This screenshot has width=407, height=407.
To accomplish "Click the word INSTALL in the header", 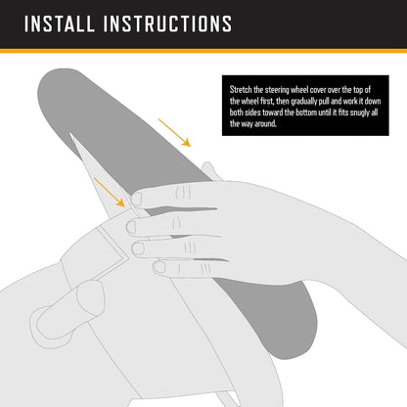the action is point(60,23).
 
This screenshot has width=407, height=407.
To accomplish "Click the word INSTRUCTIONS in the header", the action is point(167,23).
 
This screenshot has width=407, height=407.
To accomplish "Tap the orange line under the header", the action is point(203,51).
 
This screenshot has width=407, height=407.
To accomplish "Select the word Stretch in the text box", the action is point(241,90).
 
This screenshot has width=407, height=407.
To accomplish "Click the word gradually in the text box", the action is point(303,102).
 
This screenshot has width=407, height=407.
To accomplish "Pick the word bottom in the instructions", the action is point(306,113).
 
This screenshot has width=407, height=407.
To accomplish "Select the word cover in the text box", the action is point(319,90).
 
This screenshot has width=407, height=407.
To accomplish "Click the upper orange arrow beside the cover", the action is point(174,133).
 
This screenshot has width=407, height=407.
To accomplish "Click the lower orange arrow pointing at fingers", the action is point(110,193).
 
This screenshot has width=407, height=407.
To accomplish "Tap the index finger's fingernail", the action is point(136,199).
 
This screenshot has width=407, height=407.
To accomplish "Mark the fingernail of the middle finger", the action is point(131,227).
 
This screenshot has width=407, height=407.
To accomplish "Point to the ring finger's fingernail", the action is point(138,249).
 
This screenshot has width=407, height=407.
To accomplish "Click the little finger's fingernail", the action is point(159,267).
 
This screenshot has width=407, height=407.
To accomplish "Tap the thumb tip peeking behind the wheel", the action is point(208,169).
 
